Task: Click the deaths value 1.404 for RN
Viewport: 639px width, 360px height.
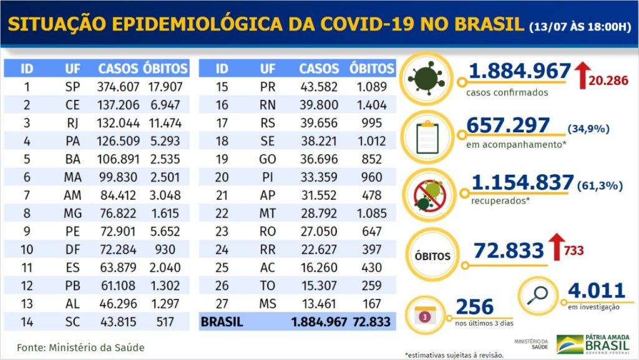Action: coord(373,105)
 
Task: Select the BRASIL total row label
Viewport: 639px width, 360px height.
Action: coord(222,322)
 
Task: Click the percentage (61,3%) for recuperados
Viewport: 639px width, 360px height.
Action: coord(595,183)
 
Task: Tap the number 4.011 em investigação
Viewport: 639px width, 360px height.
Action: coord(596,291)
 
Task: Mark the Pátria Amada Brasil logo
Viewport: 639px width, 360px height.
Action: coord(593,344)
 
